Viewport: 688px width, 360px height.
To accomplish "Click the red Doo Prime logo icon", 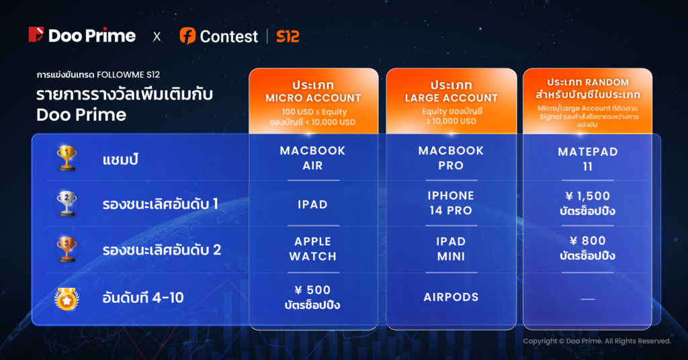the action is click(36, 35).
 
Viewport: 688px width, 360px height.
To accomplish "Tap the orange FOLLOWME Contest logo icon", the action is click(187, 36).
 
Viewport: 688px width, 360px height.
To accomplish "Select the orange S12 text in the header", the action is click(288, 36).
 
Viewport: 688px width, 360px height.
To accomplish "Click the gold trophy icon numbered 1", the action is click(67, 157).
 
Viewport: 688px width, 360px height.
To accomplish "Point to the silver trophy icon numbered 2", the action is click(67, 204).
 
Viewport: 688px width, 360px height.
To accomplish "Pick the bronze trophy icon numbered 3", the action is click(67, 249).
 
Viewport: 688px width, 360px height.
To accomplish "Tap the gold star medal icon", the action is click(67, 299).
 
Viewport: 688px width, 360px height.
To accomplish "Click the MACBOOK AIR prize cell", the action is click(313, 158).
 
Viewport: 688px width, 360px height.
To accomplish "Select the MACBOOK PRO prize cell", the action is click(451, 158).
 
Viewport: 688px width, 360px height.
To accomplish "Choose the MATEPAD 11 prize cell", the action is click(588, 159).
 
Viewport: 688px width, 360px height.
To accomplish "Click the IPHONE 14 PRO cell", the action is click(451, 203).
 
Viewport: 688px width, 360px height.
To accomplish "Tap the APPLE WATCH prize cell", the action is click(313, 249).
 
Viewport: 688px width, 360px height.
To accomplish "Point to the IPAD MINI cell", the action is click(451, 249).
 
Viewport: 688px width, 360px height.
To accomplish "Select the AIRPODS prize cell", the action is click(451, 298).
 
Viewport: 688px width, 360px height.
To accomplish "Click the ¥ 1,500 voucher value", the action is click(588, 196).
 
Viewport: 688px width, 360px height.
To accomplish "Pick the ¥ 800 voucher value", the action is click(588, 240).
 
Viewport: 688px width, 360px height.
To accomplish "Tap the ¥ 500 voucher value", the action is click(313, 290).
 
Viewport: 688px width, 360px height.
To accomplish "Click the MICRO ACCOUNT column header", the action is click(313, 98).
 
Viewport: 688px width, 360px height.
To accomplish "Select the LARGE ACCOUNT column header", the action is click(451, 98).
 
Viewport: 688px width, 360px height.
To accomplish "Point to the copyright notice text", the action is click(597, 341).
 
